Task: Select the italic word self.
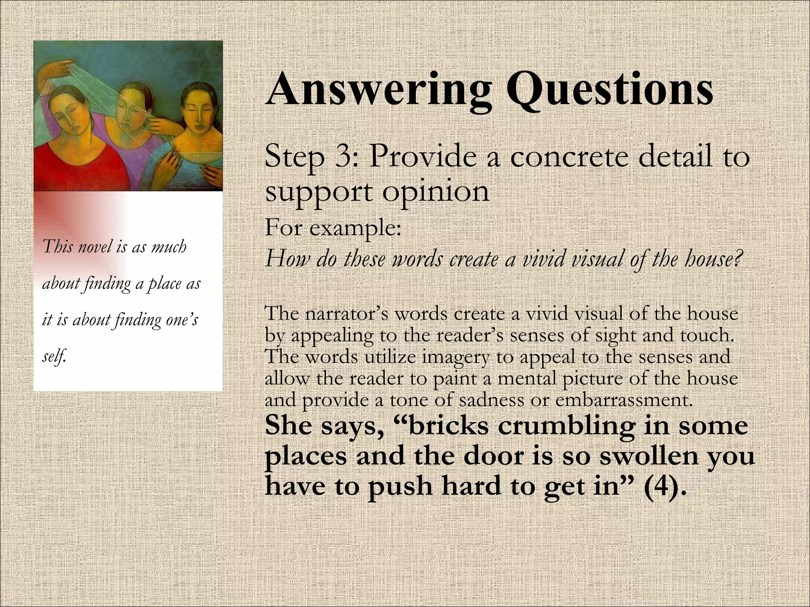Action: pyautogui.click(x=54, y=356)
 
